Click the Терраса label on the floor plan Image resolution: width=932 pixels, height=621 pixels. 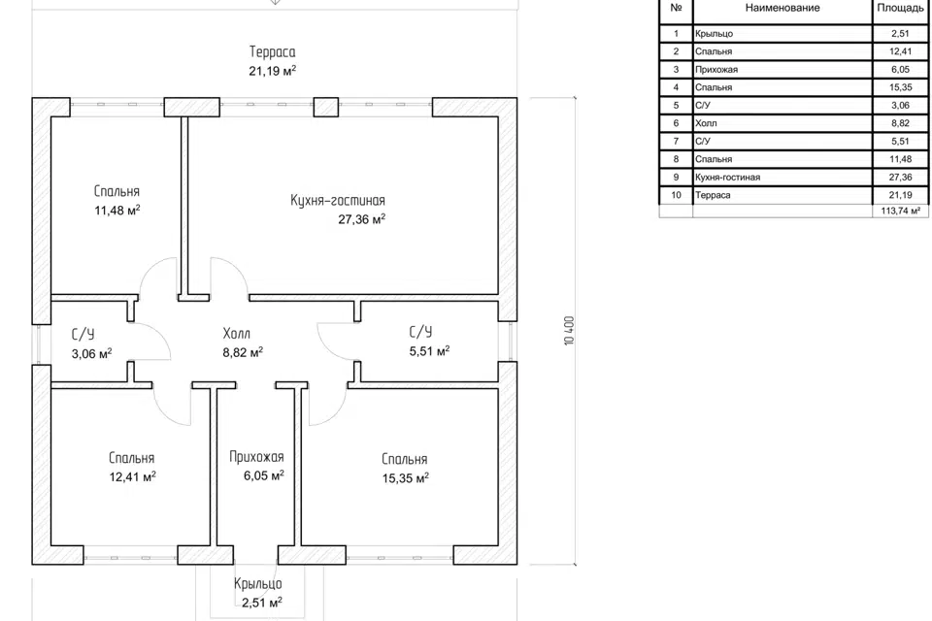272,51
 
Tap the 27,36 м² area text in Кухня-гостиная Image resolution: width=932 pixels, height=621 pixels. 362,219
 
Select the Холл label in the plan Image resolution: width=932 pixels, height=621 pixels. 236,334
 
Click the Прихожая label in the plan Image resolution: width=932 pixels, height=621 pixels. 256,457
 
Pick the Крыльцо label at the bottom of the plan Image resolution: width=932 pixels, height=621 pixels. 258,584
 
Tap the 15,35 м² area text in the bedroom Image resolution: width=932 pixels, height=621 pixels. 405,477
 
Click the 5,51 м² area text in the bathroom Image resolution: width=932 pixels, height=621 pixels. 429,351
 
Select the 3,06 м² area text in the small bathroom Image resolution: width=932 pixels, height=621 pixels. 91,352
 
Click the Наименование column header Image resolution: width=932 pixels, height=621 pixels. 782,8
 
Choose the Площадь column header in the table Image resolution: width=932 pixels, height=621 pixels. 900,8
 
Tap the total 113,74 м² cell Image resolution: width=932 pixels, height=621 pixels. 900,211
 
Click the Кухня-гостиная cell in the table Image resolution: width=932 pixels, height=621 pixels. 728,178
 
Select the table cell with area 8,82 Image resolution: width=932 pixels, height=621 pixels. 900,123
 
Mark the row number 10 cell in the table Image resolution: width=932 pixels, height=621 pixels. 676,195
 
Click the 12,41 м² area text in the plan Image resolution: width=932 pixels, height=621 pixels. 133,476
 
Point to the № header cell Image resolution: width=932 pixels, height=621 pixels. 676,8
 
